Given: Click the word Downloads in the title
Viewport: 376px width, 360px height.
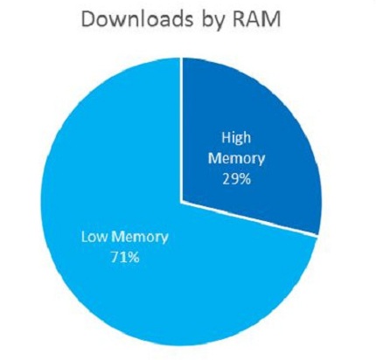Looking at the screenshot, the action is (x=137, y=19).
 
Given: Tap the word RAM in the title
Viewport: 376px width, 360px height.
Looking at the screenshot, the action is (x=254, y=19).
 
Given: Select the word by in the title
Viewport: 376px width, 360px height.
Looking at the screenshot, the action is (x=212, y=22).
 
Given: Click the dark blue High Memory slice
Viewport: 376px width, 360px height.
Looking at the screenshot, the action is (x=247, y=137).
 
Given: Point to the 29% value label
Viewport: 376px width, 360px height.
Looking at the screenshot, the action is (x=236, y=180).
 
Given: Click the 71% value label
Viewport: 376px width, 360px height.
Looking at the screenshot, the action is (x=125, y=258).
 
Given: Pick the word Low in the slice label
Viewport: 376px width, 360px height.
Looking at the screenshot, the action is (x=94, y=237).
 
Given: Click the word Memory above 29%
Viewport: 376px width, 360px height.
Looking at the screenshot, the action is (x=237, y=160).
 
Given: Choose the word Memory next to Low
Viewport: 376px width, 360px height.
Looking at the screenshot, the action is (x=140, y=239).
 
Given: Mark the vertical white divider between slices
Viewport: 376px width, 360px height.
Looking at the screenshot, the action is (x=181, y=129).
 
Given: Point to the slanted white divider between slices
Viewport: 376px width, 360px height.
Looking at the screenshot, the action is (x=249, y=218).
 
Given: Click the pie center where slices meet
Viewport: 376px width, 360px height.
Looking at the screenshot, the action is (x=181, y=201).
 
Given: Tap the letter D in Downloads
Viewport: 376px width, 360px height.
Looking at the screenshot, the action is (x=89, y=19).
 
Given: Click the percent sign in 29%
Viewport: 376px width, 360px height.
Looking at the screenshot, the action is (x=245, y=180).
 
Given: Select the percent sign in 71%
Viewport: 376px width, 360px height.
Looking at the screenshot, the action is (x=134, y=258).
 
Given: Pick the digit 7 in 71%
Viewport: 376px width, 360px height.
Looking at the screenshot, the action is (x=115, y=258).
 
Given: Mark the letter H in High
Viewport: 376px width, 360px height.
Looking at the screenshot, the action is (x=226, y=138).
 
